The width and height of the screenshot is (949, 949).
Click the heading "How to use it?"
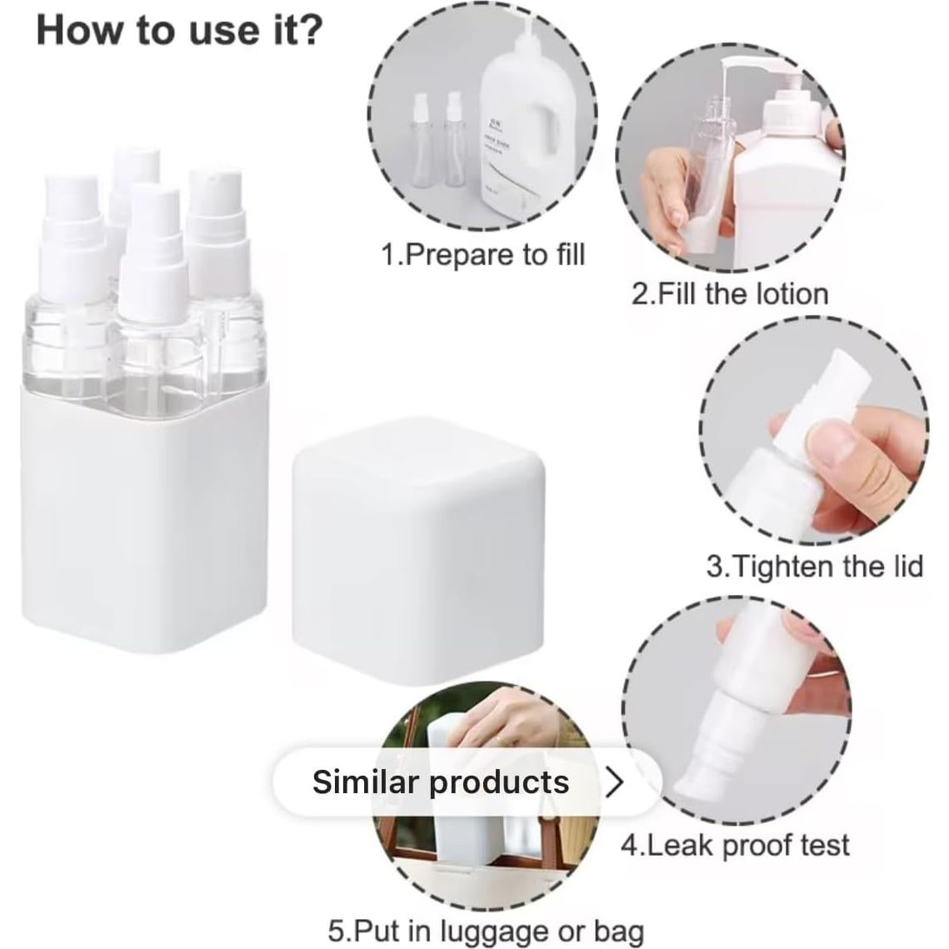click(x=178, y=30)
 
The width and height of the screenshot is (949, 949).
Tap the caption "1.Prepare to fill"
click(x=482, y=254)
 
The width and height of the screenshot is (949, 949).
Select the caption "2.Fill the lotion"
click(x=729, y=294)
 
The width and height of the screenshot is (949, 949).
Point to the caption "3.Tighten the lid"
click(x=814, y=567)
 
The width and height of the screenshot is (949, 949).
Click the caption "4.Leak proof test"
click(x=734, y=845)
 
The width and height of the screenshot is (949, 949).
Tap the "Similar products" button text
click(x=441, y=782)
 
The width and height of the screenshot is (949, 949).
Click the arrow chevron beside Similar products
click(x=614, y=782)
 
